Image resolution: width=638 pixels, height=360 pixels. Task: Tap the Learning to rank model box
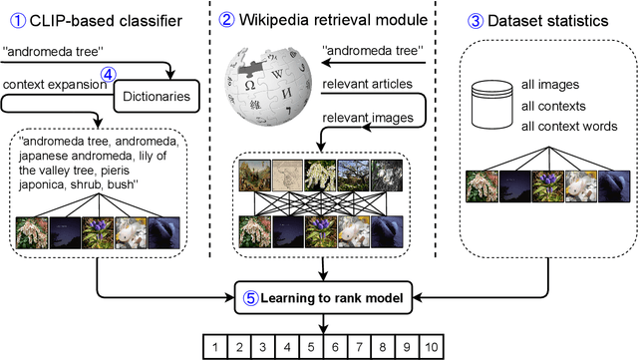click(x=323, y=295)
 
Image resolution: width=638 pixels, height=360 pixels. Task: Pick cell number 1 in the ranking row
click(x=214, y=347)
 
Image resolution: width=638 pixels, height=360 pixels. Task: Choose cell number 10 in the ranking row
click(x=431, y=347)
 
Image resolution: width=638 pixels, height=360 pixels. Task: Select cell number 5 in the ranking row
click(x=310, y=347)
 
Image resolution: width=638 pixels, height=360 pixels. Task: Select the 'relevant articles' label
click(x=359, y=86)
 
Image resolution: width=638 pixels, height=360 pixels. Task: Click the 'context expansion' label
click(x=53, y=86)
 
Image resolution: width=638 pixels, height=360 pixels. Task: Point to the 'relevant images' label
click(x=357, y=118)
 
